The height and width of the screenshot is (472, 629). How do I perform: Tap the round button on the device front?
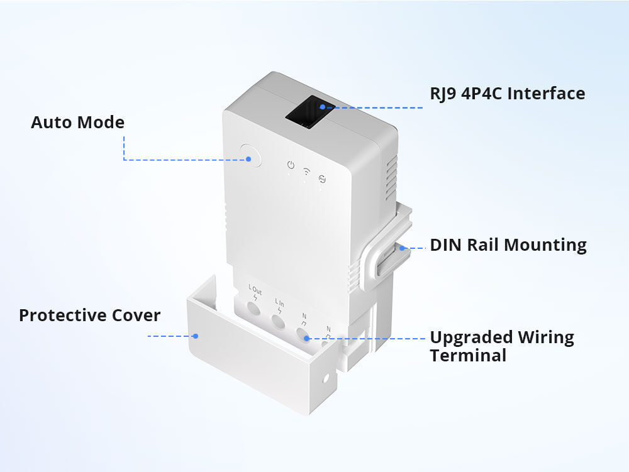pyautogui.click(x=250, y=156)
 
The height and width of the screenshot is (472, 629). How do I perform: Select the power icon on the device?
pyautogui.click(x=290, y=165)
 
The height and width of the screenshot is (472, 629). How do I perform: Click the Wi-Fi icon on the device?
pyautogui.click(x=306, y=170)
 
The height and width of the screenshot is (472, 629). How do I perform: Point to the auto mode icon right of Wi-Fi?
pyautogui.click(x=322, y=178)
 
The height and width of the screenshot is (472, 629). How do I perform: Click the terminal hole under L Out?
pyautogui.click(x=253, y=309)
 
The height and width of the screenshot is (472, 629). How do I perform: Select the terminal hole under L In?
pyautogui.click(x=279, y=321)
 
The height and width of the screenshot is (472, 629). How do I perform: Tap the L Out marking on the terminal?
pyautogui.click(x=255, y=290)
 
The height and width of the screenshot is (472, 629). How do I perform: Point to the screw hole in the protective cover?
pyautogui.click(x=326, y=380)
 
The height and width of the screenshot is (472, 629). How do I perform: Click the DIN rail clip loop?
pyautogui.click(x=380, y=261)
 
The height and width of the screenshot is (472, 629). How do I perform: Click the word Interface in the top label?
pyautogui.click(x=546, y=94)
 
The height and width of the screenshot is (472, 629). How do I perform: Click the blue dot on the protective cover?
pyautogui.click(x=196, y=336)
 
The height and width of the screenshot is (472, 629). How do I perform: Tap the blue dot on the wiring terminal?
pyautogui.click(x=306, y=338)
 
